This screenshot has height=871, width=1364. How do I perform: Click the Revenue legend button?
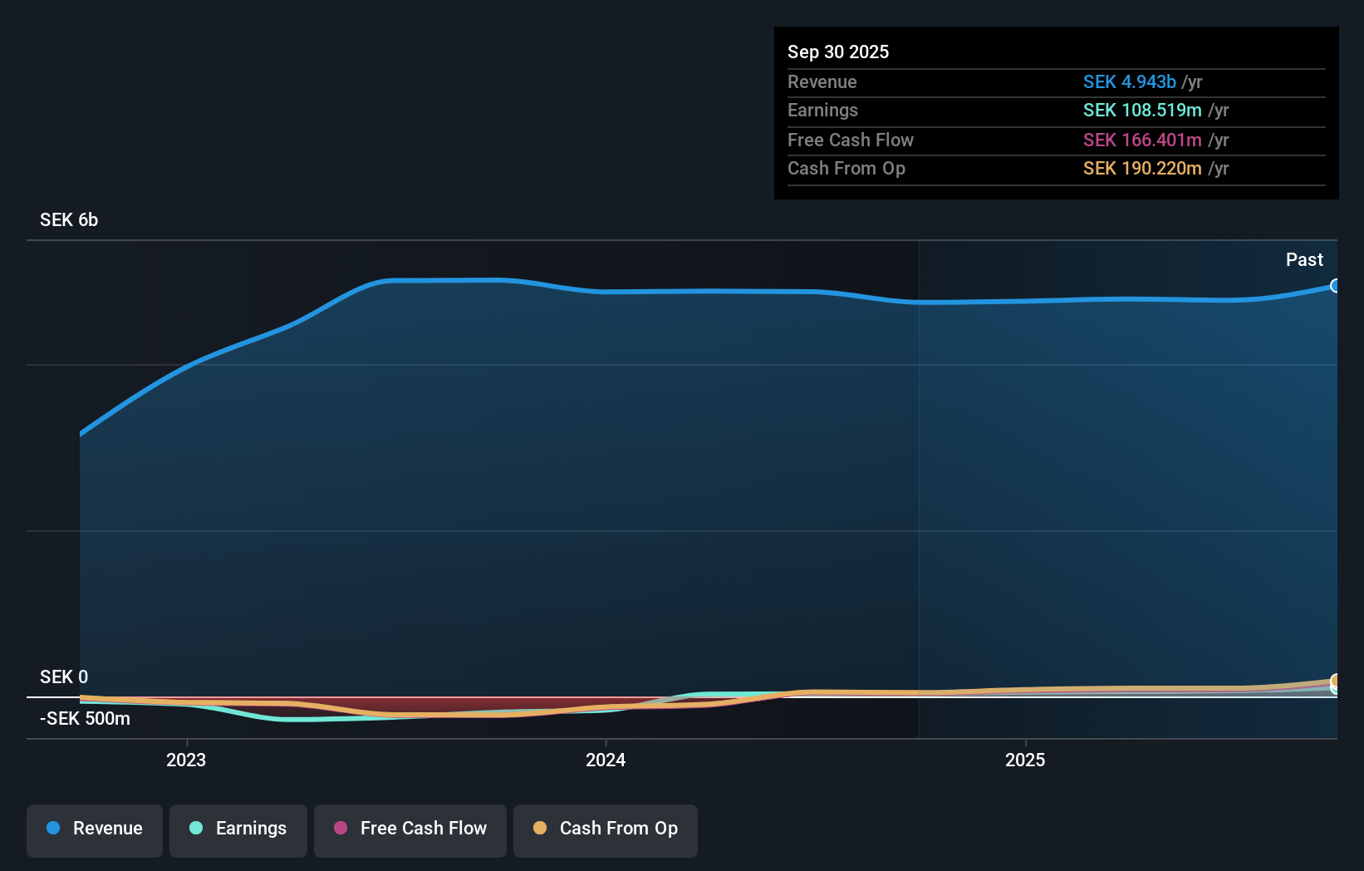pyautogui.click(x=95, y=829)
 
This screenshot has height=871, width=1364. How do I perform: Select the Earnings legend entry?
pyautogui.click(x=238, y=829)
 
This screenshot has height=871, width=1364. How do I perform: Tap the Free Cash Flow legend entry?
pyautogui.click(x=410, y=829)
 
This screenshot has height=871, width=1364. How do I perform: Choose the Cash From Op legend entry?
pyautogui.click(x=606, y=829)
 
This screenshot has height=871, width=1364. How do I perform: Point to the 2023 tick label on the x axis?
pyautogui.click(x=186, y=760)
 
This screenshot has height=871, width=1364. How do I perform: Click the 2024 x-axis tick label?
pyautogui.click(x=606, y=760)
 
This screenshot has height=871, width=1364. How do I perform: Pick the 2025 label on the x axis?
pyautogui.click(x=1025, y=760)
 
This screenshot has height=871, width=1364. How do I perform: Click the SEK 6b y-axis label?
pyautogui.click(x=69, y=220)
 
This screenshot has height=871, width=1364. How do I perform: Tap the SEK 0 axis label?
pyautogui.click(x=64, y=677)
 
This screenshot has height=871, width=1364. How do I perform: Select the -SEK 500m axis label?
pyautogui.click(x=85, y=718)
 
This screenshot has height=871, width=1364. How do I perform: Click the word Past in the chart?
pyautogui.click(x=1304, y=260)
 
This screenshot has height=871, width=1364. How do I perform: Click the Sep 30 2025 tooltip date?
pyautogui.click(x=838, y=52)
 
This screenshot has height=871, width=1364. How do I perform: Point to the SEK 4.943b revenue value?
pyautogui.click(x=1129, y=81)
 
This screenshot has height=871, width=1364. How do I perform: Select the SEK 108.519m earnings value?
pyautogui.click(x=1142, y=111)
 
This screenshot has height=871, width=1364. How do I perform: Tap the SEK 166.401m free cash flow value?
pyautogui.click(x=1142, y=140)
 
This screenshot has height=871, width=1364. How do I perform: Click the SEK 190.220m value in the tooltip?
pyautogui.click(x=1142, y=169)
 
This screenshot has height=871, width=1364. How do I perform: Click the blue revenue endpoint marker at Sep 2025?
pyautogui.click(x=1335, y=286)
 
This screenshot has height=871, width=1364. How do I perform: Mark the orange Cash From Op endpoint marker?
pyautogui.click(x=1335, y=681)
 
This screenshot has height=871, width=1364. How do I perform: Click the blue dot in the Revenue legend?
pyautogui.click(x=53, y=829)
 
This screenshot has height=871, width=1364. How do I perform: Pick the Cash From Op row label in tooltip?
pyautogui.click(x=846, y=169)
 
